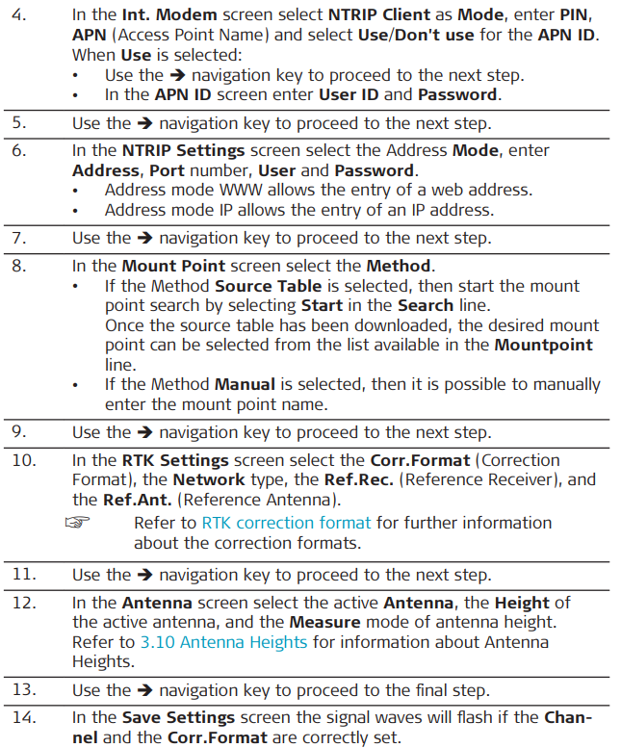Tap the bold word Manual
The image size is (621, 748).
pos(245,384)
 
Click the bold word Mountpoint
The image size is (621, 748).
pos(543,345)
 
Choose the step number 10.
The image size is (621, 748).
pos(23,460)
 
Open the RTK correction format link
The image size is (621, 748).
pos(286,523)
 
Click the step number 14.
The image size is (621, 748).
pos(23,719)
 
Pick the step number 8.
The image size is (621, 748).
pos(18,267)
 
